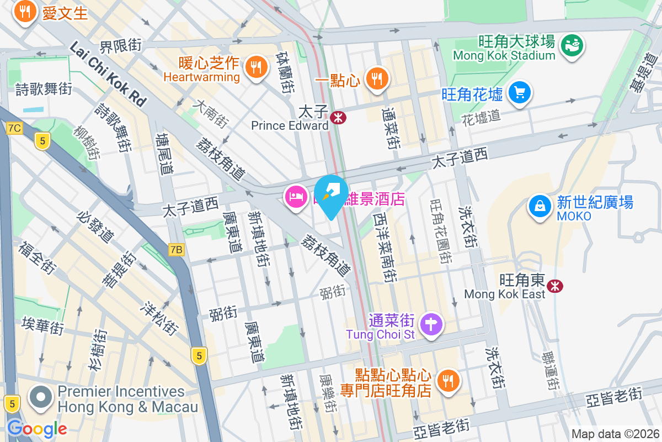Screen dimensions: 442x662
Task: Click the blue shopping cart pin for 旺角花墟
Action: pos(519,93)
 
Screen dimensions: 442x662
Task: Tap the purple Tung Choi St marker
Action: pos(431,324)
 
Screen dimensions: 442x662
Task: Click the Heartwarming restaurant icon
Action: pos(255,67)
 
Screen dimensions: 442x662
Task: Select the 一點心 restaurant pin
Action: pos(377,78)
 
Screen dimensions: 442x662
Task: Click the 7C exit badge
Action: pos(15,128)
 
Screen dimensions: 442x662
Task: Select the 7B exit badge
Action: pos(175,250)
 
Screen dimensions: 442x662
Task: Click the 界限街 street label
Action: pos(121,45)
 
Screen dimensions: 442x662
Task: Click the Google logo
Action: pos(37,428)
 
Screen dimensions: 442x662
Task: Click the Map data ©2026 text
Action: pos(615,434)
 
